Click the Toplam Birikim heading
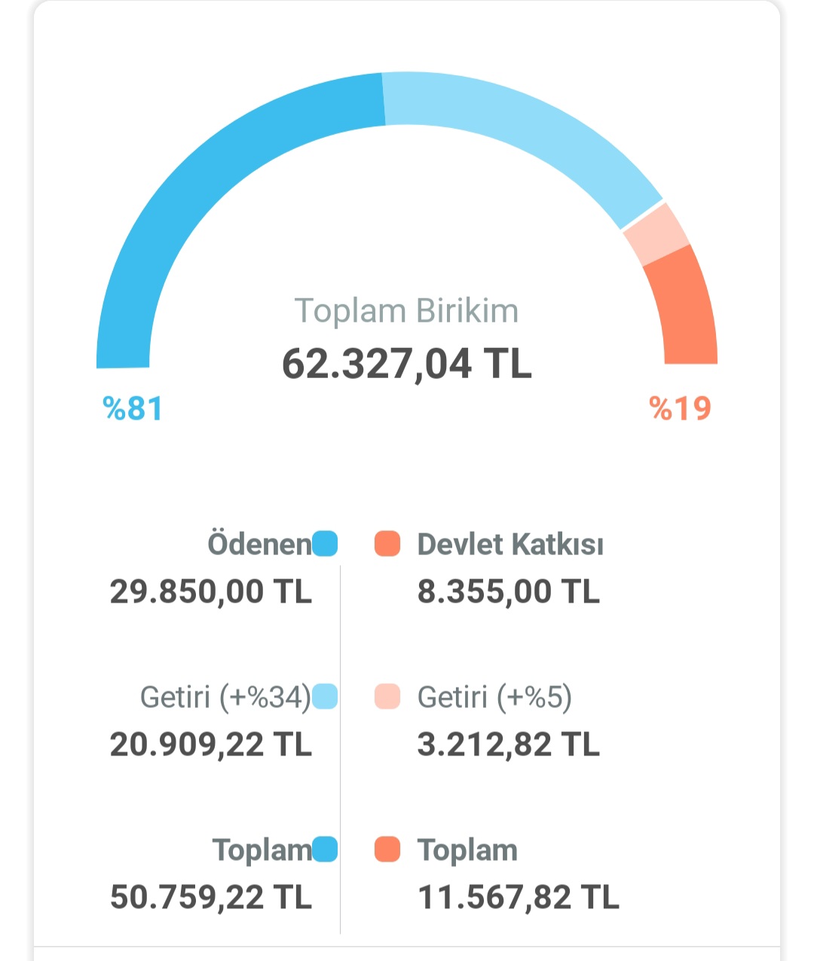point(406,311)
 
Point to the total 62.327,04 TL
point(406,364)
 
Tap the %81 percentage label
point(133,409)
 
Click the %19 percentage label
point(680,409)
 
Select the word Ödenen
point(259,544)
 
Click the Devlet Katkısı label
point(510,544)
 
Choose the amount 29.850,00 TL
point(210,592)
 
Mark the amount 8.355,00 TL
point(509,592)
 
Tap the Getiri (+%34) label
point(225,697)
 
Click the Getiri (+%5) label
point(494,697)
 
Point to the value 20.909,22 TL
point(210,745)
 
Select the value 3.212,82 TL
point(509,745)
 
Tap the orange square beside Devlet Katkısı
point(387,544)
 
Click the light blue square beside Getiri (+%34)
point(325,697)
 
